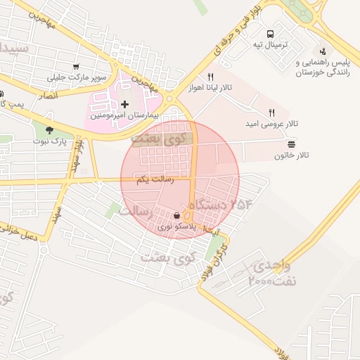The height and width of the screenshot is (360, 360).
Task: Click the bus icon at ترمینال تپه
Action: [271, 34]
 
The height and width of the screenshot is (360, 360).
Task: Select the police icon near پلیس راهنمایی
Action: [323, 51]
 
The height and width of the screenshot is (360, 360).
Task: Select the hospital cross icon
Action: [125, 105]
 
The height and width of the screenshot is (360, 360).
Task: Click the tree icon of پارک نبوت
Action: [50, 129]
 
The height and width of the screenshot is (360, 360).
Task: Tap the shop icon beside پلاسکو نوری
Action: [176, 215]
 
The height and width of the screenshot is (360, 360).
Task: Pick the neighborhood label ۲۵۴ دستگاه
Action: [221, 205]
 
